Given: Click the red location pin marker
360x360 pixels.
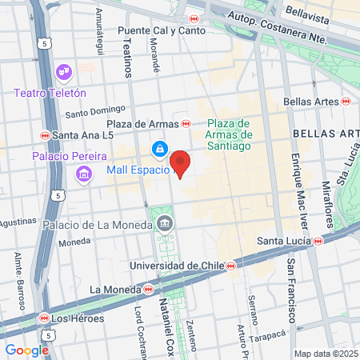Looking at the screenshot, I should tap(181, 163).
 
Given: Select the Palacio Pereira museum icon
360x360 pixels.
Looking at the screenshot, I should tap(82, 173).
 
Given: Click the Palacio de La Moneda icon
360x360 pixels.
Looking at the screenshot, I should tap(165, 222).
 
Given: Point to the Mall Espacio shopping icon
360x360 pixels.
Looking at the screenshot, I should tap(160, 150).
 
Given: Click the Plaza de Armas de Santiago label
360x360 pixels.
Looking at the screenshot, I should tap(230, 134).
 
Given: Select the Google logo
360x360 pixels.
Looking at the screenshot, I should tap(26, 350).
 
